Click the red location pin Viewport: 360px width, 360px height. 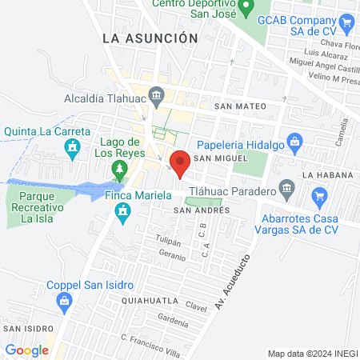pyautogui.click(x=180, y=162)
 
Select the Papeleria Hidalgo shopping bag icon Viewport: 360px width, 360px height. pyautogui.click(x=295, y=144)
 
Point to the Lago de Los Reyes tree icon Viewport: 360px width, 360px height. pyautogui.click(x=119, y=169)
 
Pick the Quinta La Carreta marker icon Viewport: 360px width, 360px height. pyautogui.click(x=74, y=148)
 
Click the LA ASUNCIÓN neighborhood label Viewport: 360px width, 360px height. pyautogui.click(x=150, y=38)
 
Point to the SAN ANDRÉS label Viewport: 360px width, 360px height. pyautogui.click(x=202, y=210)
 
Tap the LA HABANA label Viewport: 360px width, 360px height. pyautogui.click(x=326, y=174)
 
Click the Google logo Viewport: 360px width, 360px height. pyautogui.click(x=27, y=350)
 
